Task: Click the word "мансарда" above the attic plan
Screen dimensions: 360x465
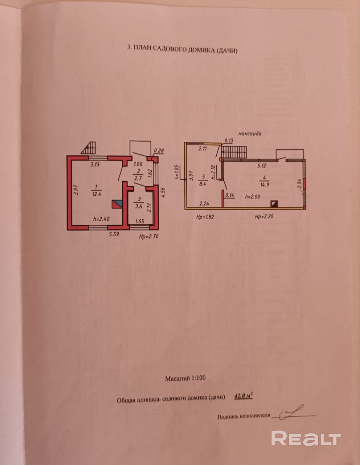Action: coord(250,133)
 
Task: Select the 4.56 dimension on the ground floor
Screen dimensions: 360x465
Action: coord(163,192)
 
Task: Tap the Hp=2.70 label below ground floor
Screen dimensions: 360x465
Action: coord(149,236)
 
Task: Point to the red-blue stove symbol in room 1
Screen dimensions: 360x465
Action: coord(117,204)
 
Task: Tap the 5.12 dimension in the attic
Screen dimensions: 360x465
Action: coord(262,166)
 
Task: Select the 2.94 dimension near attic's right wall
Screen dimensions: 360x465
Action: coord(299,183)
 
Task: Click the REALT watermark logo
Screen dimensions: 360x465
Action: coord(306,438)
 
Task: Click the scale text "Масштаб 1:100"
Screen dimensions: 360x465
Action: coord(185,378)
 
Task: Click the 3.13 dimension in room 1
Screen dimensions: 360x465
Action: coord(95,164)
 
